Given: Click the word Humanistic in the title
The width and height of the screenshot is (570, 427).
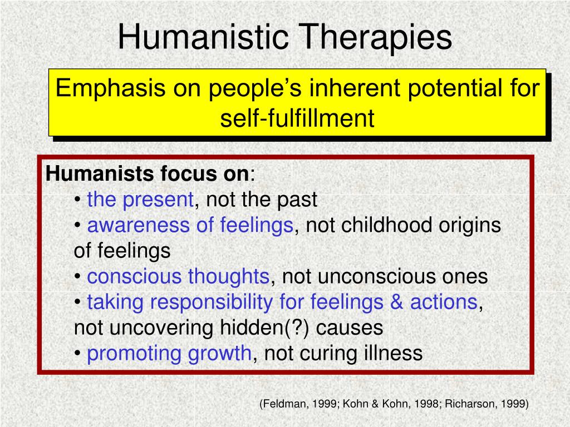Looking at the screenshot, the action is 203,37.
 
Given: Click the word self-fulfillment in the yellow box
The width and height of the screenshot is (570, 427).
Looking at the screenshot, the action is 297,118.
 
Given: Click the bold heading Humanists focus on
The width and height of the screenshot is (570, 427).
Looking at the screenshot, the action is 147,173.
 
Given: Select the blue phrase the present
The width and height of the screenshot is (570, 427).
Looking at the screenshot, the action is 140,200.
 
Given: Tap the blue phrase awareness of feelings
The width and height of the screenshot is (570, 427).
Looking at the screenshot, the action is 190,226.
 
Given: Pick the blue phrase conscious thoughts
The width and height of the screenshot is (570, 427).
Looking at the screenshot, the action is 178,276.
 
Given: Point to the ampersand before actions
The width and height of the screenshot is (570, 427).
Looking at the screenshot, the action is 396,302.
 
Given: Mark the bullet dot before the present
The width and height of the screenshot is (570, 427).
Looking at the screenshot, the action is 77,200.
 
